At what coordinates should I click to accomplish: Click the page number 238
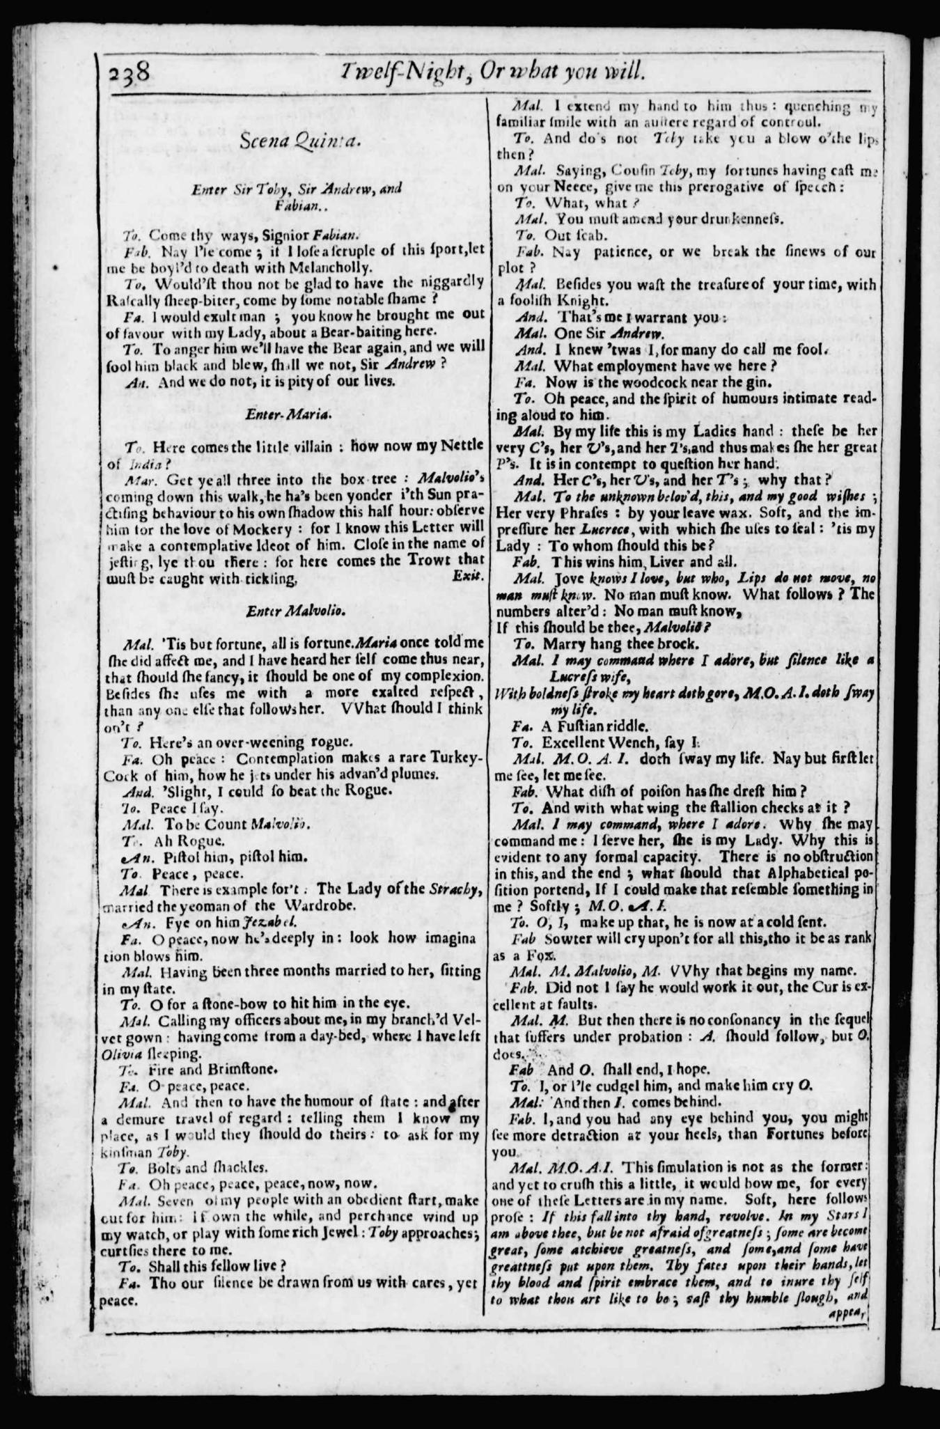(x=130, y=72)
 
